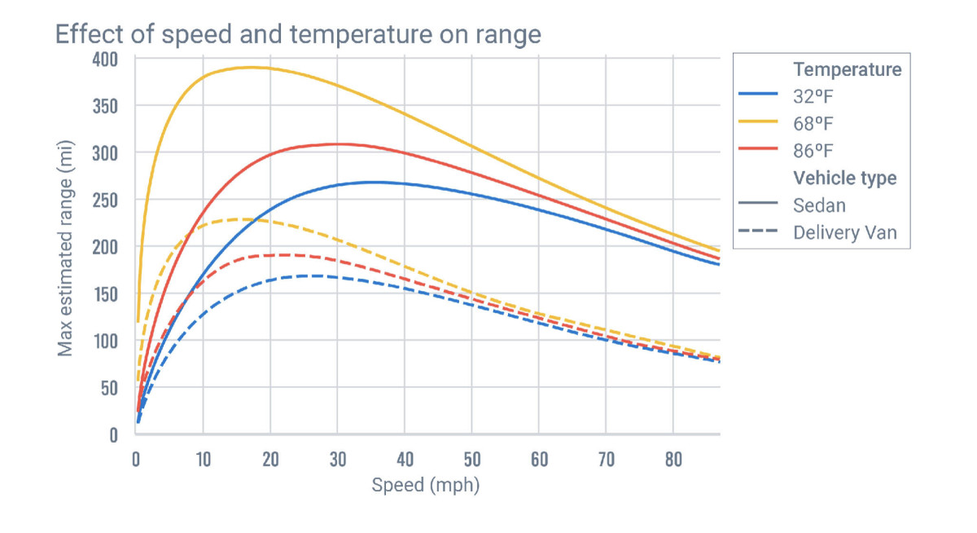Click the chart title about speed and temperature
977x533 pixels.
297,34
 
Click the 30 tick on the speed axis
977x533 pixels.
337,460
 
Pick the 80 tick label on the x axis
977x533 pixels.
673,460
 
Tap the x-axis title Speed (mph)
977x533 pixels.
426,486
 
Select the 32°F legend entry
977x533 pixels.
814,96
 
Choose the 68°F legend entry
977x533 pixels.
814,123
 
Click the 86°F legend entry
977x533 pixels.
814,150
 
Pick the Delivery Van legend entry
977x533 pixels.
845,232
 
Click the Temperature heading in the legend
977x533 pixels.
847,69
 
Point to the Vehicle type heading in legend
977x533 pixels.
845,178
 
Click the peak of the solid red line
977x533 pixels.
335,144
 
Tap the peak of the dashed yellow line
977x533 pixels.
241,218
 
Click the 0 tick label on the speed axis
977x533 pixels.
136,460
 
